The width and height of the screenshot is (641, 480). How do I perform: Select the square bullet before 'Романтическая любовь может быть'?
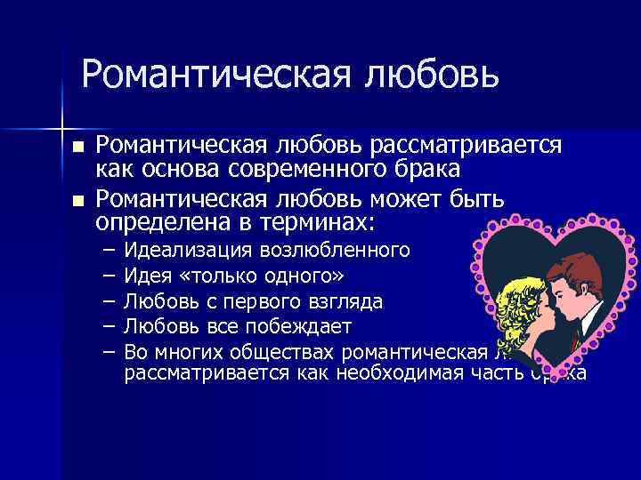pos(78,201)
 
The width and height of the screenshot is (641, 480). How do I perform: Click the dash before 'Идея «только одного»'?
pos(108,275)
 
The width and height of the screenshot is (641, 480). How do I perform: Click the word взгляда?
pos(345,300)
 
